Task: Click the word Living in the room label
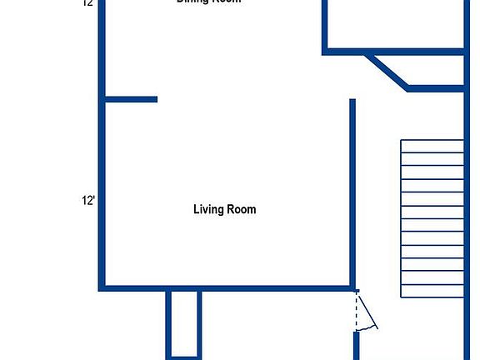click(209, 209)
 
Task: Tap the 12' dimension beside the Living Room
click(88, 200)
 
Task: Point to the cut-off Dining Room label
click(208, 2)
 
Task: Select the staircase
click(432, 218)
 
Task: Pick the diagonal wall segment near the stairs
click(387, 72)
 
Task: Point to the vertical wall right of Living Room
click(352, 192)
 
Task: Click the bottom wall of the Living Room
click(225, 288)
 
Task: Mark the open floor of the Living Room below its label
click(225, 250)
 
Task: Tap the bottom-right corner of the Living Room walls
click(352, 288)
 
